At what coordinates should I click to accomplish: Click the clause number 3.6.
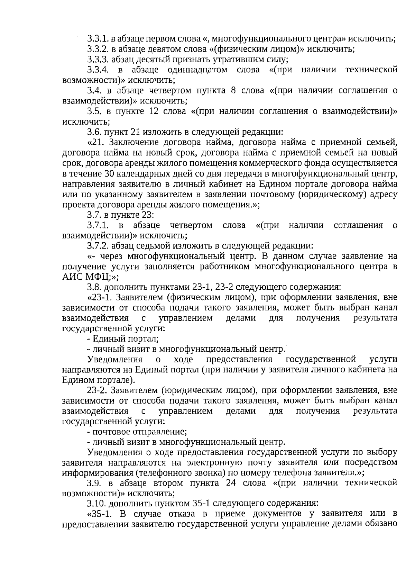pos(94,132)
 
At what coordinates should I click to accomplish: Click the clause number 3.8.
pos(94,287)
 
